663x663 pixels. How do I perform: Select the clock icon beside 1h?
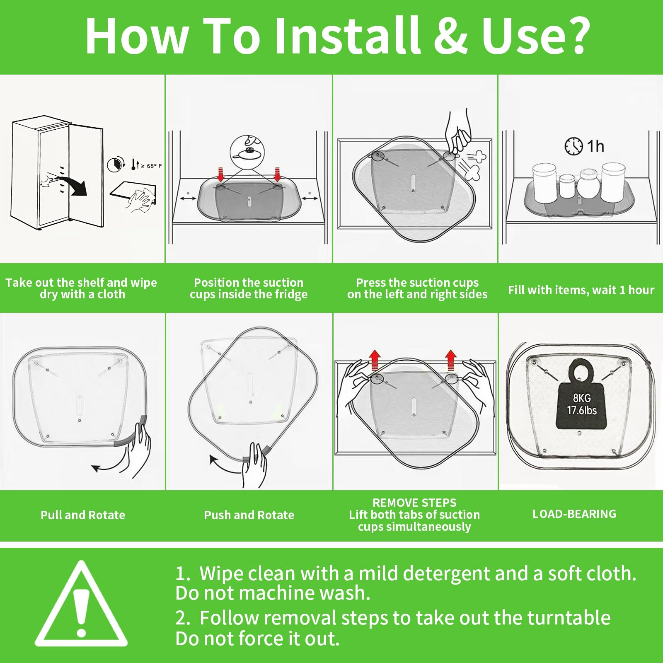click(574, 146)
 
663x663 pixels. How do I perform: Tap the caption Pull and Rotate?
click(83, 515)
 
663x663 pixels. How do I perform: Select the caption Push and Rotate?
click(249, 515)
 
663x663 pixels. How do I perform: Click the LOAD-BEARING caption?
click(574, 514)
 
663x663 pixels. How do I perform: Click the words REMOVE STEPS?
click(414, 503)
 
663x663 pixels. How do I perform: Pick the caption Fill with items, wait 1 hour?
click(581, 290)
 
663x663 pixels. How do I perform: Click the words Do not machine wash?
click(273, 593)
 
